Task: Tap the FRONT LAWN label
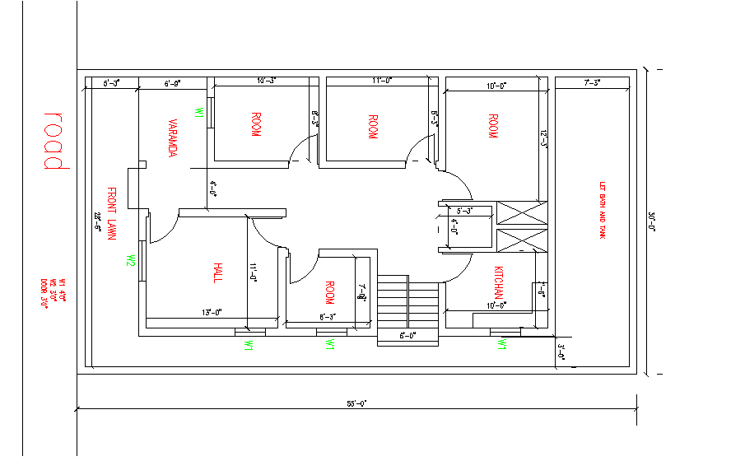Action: pos(112,213)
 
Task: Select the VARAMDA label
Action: pos(173,137)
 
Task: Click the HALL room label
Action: pos(217,273)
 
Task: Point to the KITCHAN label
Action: pos(498,283)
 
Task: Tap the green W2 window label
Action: pos(130,261)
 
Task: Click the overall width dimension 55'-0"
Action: pos(356,403)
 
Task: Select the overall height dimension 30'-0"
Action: pos(651,221)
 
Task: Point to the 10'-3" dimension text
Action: pos(266,81)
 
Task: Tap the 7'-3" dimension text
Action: pos(592,81)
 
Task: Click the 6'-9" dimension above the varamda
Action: pos(172,83)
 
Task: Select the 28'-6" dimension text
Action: pos(97,221)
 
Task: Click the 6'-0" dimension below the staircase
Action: pos(407,334)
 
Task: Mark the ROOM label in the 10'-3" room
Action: pos(254,124)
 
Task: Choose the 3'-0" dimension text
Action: pos(561,351)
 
